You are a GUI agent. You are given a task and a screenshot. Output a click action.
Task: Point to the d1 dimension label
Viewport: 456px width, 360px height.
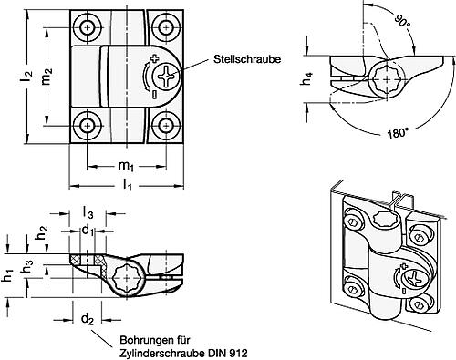(x=88, y=231)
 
